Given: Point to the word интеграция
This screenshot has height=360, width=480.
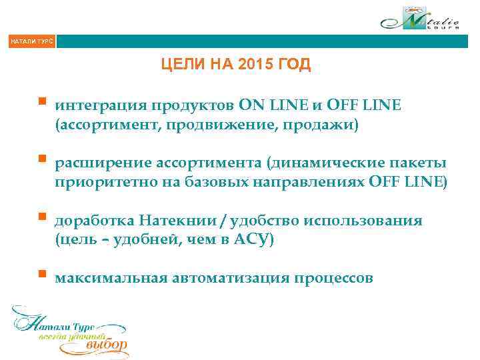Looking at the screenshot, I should coord(99,105).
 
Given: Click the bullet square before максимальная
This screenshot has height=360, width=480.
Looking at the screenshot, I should coord(42,274).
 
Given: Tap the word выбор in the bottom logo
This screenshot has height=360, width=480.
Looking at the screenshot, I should coord(107,345).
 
